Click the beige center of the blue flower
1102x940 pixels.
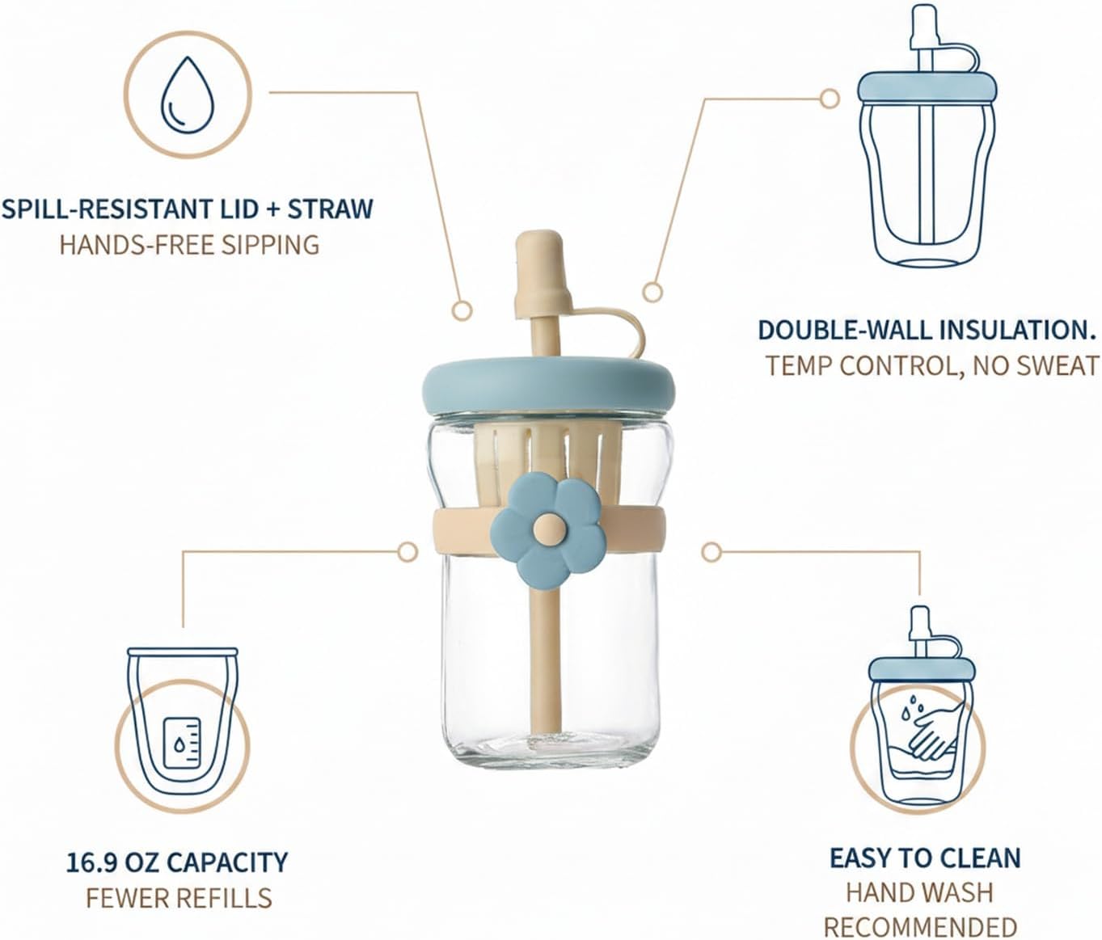tap(549, 529)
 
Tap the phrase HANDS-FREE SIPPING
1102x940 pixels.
tap(189, 246)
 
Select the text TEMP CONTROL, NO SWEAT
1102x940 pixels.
tap(932, 366)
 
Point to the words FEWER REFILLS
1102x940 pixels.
tap(179, 899)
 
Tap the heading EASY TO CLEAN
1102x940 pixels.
tap(925, 858)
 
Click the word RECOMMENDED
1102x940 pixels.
tap(921, 928)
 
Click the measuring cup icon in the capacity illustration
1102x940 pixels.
tap(181, 743)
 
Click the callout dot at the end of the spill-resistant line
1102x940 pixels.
tap(462, 310)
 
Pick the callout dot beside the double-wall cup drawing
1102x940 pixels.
tap(829, 99)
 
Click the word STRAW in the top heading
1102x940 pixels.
tap(330, 209)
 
